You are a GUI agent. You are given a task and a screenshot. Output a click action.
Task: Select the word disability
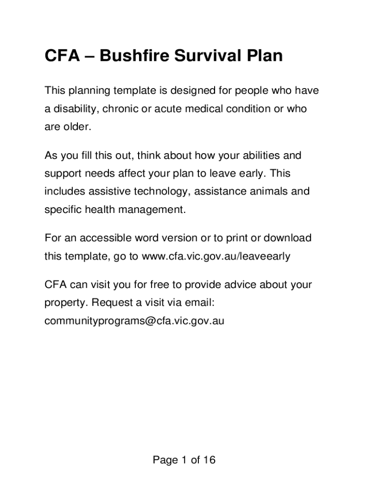point(74,109)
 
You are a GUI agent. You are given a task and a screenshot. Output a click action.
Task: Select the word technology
point(157,192)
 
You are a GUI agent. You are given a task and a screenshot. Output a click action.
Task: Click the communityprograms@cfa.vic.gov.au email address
point(134,321)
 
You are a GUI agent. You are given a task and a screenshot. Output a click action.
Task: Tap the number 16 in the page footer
point(209,460)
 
